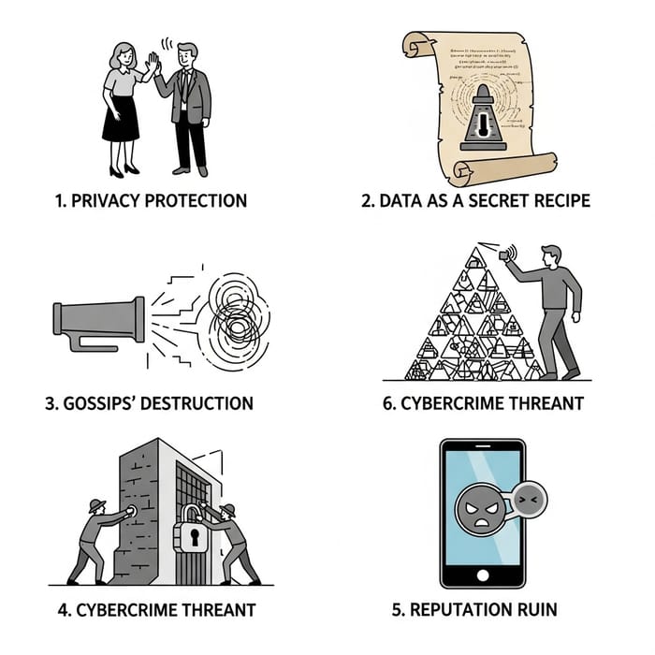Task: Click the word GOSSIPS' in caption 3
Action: (104, 403)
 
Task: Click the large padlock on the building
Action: (194, 535)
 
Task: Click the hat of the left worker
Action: (95, 506)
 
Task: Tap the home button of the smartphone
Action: (484, 574)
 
